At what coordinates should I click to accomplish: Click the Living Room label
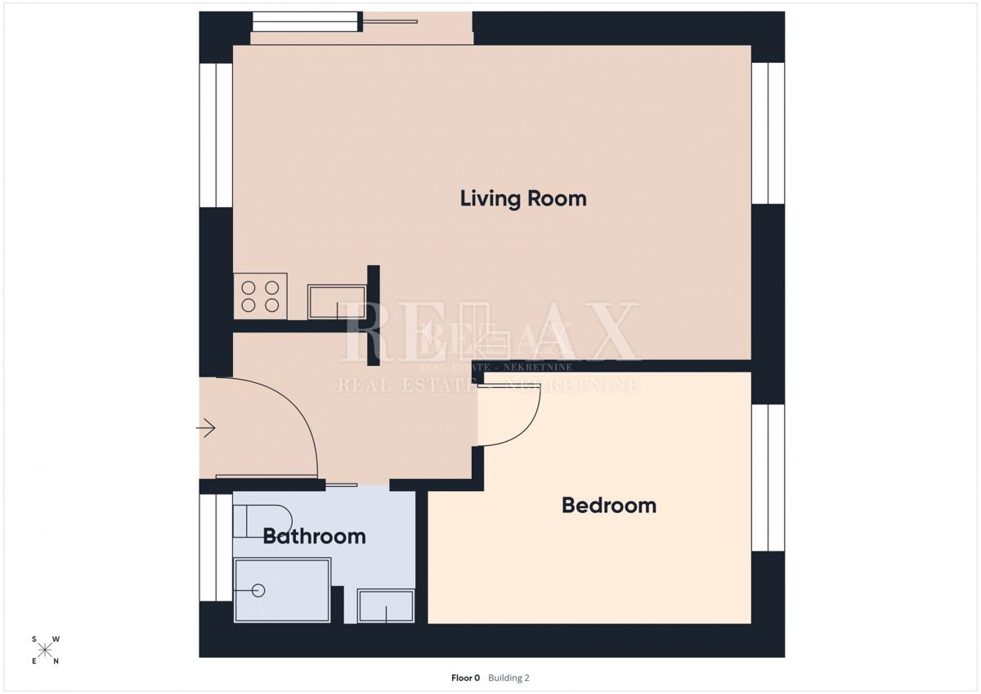[x=523, y=199]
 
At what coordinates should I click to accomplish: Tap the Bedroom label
[x=609, y=506]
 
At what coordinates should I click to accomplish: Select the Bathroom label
[x=314, y=536]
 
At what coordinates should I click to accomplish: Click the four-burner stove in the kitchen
[x=260, y=296]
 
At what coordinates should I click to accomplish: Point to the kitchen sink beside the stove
[x=337, y=302]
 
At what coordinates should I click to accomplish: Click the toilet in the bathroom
[x=262, y=521]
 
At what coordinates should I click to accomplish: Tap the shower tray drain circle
[x=258, y=591]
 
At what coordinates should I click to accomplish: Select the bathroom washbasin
[x=386, y=606]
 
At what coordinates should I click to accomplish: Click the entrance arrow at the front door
[x=205, y=427]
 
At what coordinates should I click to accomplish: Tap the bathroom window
[x=216, y=548]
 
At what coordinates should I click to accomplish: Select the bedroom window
[x=768, y=477]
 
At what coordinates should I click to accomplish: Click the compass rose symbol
[x=45, y=650]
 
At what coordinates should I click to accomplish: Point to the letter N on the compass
[x=56, y=661]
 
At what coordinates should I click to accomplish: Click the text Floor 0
[x=465, y=678]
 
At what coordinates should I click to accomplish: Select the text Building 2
[x=508, y=678]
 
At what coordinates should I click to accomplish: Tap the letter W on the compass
[x=56, y=639]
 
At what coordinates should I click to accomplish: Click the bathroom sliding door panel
[x=342, y=484]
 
